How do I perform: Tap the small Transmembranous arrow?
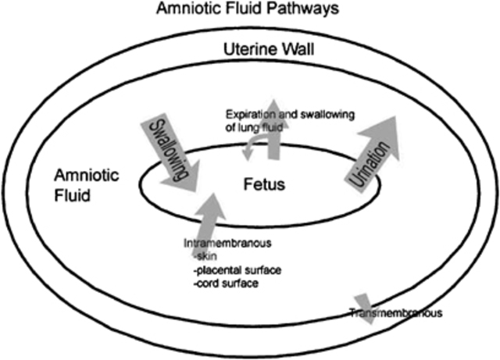click(x=363, y=301)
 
